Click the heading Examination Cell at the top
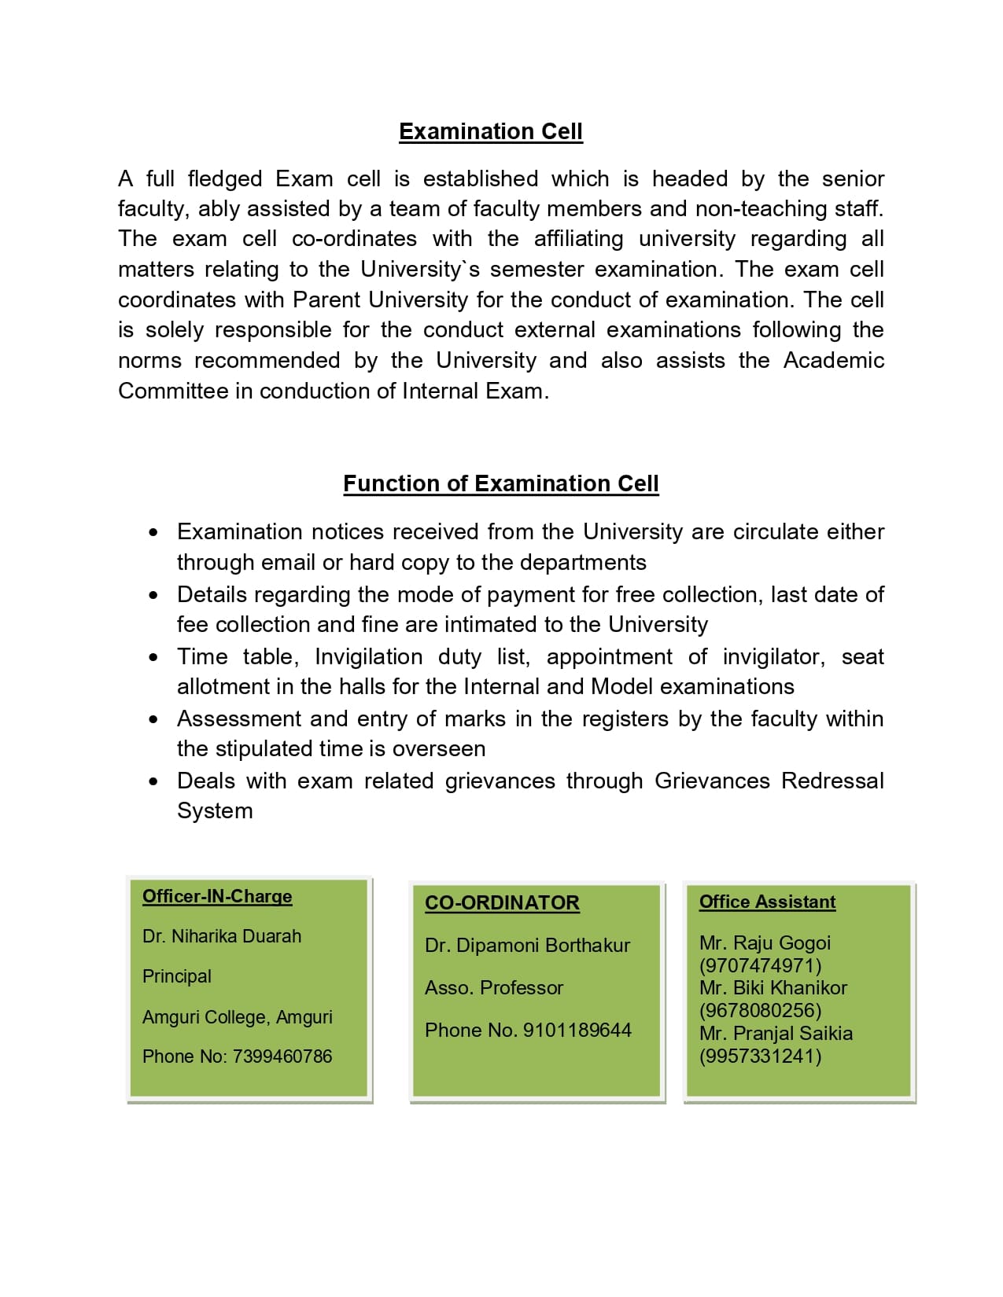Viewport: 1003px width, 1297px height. pyautogui.click(x=491, y=131)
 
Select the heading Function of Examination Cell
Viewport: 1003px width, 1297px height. pyautogui.click(x=501, y=483)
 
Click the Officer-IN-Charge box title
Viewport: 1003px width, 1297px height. pyautogui.click(x=217, y=896)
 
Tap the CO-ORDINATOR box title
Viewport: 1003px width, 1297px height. pyautogui.click(x=502, y=902)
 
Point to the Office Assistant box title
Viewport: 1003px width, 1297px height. pyautogui.click(x=767, y=902)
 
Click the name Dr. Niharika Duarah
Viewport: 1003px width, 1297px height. pyautogui.click(x=222, y=936)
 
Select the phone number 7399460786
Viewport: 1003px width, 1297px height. pyautogui.click(x=282, y=1056)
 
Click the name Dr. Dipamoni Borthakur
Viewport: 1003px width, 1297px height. pyautogui.click(x=527, y=945)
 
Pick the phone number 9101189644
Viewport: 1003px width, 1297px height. pyautogui.click(x=577, y=1030)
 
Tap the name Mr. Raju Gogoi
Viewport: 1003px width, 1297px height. pyautogui.click(x=765, y=942)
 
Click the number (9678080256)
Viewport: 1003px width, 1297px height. pyautogui.click(x=760, y=1010)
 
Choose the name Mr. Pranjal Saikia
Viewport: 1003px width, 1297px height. pyautogui.click(x=776, y=1033)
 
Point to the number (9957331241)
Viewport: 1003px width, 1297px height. pyautogui.click(x=760, y=1056)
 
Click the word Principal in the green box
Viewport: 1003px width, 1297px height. pyautogui.click(x=177, y=976)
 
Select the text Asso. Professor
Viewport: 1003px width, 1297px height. pyautogui.click(x=494, y=987)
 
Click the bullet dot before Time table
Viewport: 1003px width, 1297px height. pyautogui.click(x=153, y=657)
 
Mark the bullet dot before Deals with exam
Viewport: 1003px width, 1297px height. pyautogui.click(x=153, y=781)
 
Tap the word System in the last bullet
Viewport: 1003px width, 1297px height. pyautogui.click(x=215, y=810)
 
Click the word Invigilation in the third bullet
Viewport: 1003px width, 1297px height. pyautogui.click(x=368, y=656)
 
